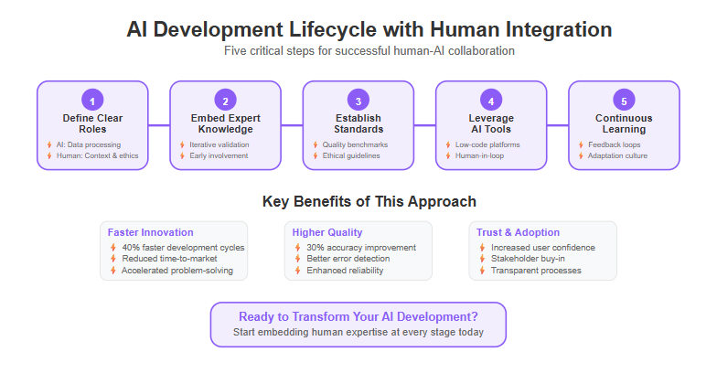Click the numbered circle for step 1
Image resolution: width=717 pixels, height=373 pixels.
[92, 101]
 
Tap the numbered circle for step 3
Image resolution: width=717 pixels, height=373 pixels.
[358, 101]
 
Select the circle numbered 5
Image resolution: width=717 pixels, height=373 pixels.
[624, 101]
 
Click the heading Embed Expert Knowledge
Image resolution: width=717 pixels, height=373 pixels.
[225, 123]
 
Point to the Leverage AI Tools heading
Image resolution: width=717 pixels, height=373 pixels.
[491, 123]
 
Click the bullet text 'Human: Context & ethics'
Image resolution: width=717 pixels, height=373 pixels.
[97, 155]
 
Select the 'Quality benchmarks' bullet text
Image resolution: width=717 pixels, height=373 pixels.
[355, 144]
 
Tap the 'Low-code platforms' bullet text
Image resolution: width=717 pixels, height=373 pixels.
[487, 144]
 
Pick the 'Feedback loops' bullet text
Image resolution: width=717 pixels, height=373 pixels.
[615, 144]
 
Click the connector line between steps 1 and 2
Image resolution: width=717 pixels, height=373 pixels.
[159, 124]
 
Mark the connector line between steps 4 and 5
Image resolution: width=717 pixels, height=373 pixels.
[558, 124]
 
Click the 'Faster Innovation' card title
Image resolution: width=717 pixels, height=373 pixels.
[150, 232]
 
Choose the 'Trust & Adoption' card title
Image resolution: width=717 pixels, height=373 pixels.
[518, 232]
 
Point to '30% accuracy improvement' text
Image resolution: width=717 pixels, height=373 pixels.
[361, 247]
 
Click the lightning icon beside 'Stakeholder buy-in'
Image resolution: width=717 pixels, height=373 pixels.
[482, 259]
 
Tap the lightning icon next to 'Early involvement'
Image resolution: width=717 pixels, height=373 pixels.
[182, 155]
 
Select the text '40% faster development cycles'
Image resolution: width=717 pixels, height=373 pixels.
[183, 247]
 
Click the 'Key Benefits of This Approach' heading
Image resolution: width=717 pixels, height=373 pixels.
[369, 201]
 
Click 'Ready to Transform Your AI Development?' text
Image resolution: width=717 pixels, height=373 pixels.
[358, 316]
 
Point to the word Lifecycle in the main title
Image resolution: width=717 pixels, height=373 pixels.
[333, 29]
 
